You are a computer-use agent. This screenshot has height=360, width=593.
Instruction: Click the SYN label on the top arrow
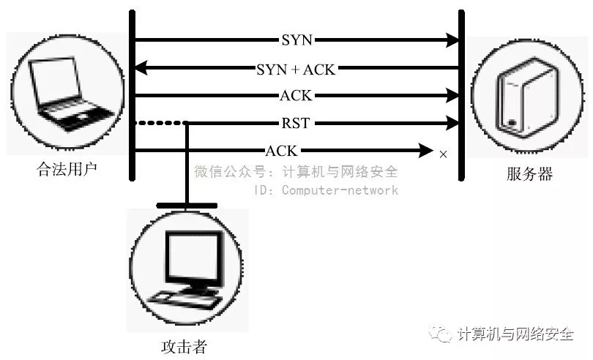coord(296,40)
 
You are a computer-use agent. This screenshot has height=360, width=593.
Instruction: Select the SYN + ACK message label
coord(296,69)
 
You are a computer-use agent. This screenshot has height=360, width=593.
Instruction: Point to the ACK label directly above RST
coord(296,95)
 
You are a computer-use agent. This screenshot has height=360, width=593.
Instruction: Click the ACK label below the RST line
coord(282,151)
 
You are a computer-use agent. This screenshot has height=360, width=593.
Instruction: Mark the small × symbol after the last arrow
coord(442,154)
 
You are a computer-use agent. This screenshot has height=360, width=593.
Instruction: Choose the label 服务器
coord(529,174)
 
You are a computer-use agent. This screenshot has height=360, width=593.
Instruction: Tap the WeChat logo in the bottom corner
coord(442,334)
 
